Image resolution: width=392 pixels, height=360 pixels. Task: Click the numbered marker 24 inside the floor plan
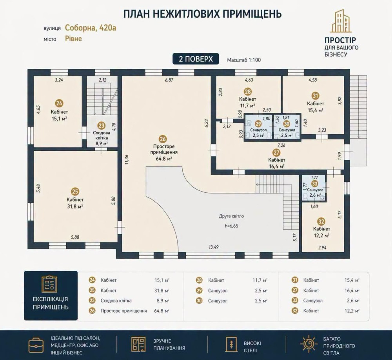tap(60, 103)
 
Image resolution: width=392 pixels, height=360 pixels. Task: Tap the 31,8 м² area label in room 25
tap(75, 206)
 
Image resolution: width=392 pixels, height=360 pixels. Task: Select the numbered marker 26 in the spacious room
tap(163, 139)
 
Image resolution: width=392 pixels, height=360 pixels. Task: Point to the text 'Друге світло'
tap(231, 216)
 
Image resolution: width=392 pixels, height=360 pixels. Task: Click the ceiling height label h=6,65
tap(232, 226)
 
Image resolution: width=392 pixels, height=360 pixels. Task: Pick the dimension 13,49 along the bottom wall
tap(214, 247)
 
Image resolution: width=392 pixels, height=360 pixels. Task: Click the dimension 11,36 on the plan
tap(127, 159)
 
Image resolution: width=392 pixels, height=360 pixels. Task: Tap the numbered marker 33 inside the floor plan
tap(315, 184)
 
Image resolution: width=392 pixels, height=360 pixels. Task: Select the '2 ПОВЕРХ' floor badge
tap(196, 59)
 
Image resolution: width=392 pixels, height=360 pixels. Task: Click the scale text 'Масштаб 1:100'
tap(244, 60)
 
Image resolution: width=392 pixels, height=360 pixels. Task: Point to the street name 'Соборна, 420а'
tap(91, 28)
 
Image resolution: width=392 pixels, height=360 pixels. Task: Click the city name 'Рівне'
tap(74, 39)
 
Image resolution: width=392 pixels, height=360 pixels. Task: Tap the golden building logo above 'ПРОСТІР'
tap(341, 21)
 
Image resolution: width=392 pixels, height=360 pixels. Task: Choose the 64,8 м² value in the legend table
tap(162, 311)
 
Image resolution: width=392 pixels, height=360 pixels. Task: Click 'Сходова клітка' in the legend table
tap(116, 300)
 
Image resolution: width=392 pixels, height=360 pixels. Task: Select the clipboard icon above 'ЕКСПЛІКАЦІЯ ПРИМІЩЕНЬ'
tap(49, 284)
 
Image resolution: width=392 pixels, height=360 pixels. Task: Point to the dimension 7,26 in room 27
tap(281, 145)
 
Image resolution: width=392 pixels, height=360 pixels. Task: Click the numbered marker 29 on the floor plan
tap(258, 124)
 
